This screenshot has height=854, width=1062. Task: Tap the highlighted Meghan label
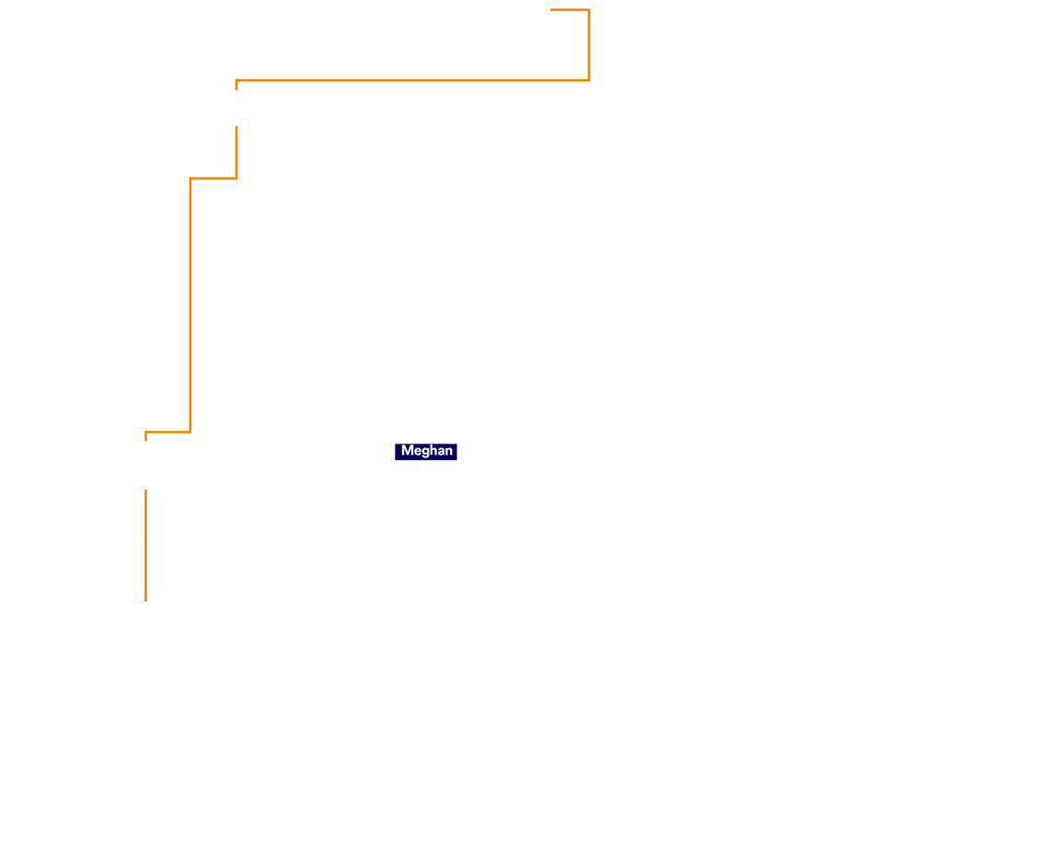click(x=426, y=451)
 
